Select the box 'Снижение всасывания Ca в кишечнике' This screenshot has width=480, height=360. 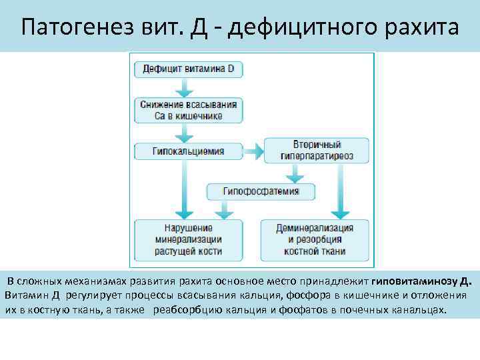(189, 110)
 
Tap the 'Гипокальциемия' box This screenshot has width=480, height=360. (189, 151)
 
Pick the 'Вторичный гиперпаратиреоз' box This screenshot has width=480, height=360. (317, 151)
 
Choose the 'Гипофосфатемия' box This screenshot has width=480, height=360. (261, 191)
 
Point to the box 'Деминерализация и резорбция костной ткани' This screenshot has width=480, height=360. (314, 239)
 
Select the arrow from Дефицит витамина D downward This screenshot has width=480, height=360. (189, 87)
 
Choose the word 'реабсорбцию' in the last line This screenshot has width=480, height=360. (187, 310)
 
